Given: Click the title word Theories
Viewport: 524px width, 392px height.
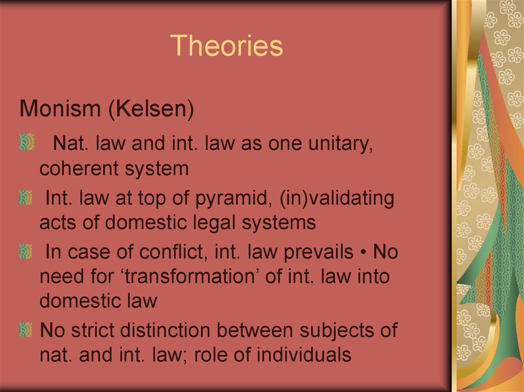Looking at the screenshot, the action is [227, 45].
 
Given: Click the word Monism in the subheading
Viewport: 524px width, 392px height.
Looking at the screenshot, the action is [60, 108].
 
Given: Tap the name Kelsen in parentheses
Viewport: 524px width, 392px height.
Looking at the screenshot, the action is [151, 109].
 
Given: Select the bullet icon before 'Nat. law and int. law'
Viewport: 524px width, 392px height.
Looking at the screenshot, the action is [27, 142].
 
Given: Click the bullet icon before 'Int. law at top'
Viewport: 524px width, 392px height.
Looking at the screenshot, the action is [26, 197].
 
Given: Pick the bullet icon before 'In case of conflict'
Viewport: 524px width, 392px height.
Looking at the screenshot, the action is [26, 251].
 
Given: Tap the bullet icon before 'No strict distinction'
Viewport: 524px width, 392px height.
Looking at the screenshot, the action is [26, 330].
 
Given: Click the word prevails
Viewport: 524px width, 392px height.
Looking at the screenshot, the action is [318, 252].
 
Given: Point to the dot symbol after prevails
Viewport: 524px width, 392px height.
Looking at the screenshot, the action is [363, 253].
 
